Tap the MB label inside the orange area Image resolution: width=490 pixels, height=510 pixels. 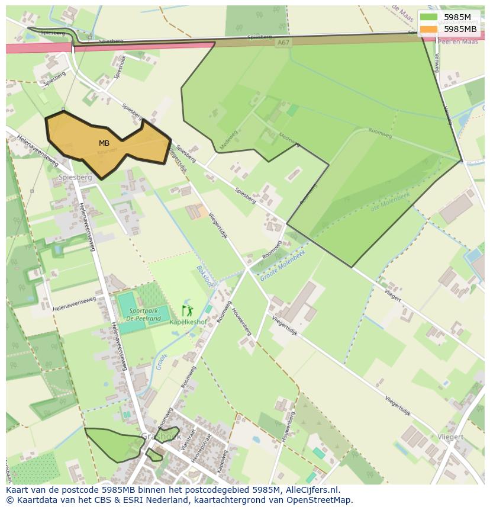pyautogui.click(x=104, y=143)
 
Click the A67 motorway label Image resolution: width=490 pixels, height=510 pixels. pyautogui.click(x=284, y=42)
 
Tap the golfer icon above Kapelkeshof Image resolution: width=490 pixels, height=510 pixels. pyautogui.click(x=187, y=310)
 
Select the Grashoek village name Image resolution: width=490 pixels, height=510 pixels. pyautogui.click(x=160, y=437)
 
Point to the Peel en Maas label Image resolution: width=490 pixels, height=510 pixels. pyautogui.click(x=457, y=41)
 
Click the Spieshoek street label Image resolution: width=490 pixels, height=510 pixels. pyautogui.click(x=119, y=68)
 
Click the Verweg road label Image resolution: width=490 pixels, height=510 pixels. pyautogui.click(x=437, y=62)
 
